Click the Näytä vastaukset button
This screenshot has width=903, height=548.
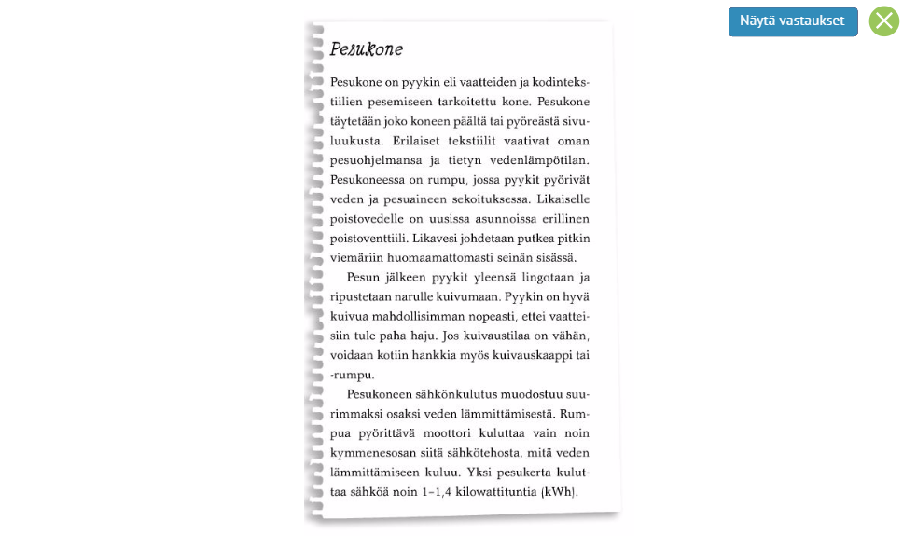[792, 21]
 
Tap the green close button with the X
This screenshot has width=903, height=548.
[883, 21]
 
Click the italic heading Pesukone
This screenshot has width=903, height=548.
[366, 49]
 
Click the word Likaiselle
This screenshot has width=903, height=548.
[563, 199]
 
